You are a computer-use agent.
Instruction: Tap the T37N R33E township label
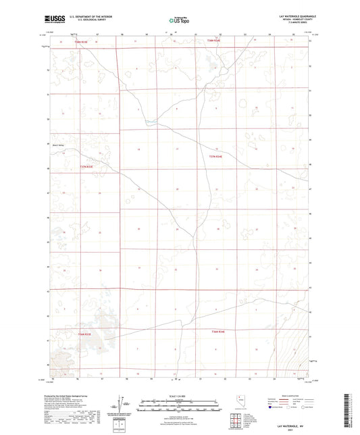click(x=84, y=165)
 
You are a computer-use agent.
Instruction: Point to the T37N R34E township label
click(x=215, y=157)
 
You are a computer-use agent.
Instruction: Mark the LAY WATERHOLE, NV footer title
click(x=292, y=424)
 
